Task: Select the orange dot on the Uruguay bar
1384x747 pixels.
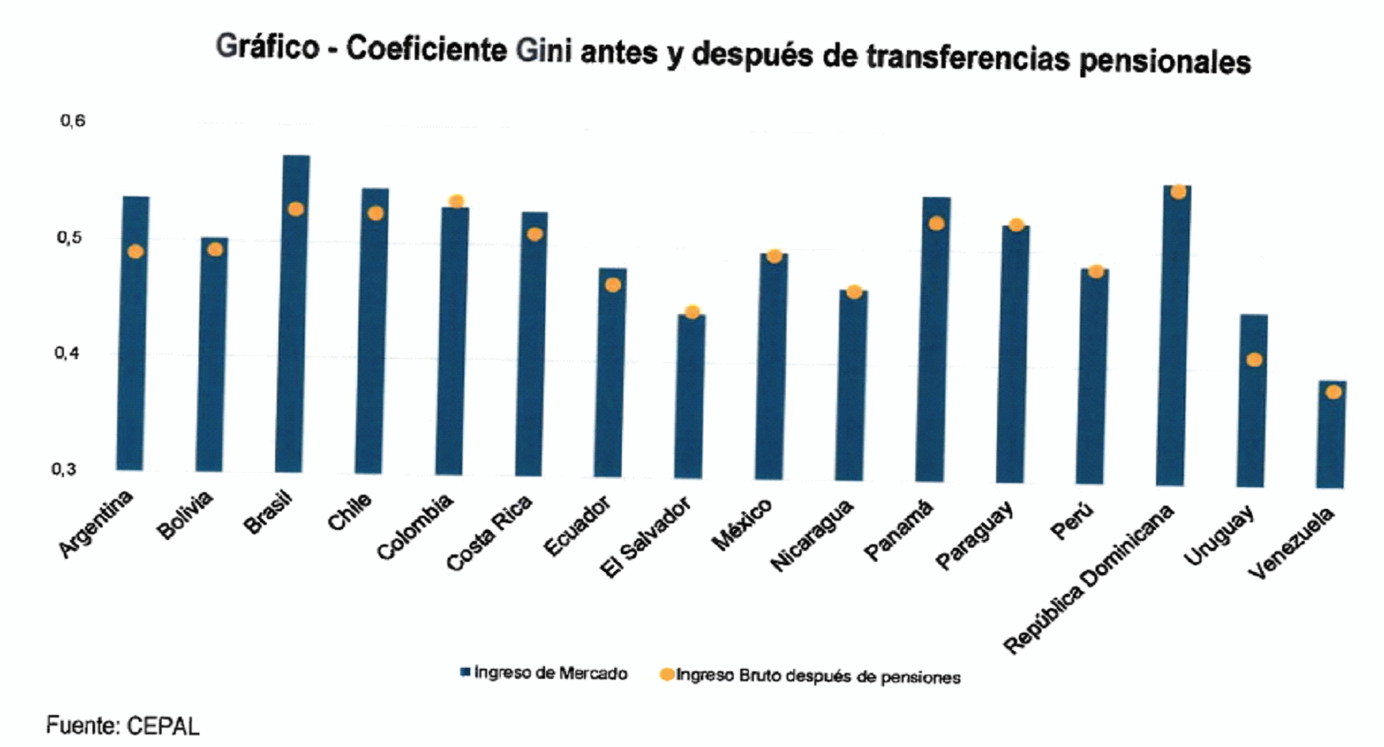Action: tap(1254, 360)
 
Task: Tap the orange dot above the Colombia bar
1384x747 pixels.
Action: tap(457, 201)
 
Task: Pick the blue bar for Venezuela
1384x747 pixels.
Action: tap(1332, 434)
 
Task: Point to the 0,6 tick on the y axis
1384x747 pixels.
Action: tap(72, 120)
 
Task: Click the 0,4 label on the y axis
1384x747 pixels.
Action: tap(68, 352)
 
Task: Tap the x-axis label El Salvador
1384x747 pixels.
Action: tap(646, 538)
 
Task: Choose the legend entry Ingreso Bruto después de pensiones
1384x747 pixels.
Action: tap(810, 676)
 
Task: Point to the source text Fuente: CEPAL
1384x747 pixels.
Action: tap(123, 725)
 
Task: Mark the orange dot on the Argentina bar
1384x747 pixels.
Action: tap(136, 252)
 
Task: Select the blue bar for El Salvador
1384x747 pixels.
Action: tap(691, 396)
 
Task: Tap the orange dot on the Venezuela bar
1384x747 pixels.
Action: tap(1334, 392)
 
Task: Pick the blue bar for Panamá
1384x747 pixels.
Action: tap(933, 339)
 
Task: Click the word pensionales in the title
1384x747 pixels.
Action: tap(1164, 62)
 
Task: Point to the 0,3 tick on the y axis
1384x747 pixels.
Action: tap(64, 469)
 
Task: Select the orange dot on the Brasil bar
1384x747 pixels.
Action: tap(296, 209)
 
